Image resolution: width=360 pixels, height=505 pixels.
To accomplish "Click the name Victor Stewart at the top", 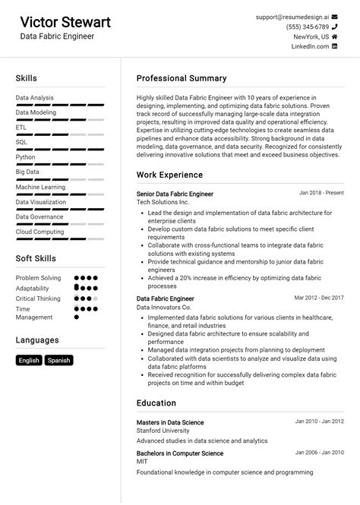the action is point(65,21).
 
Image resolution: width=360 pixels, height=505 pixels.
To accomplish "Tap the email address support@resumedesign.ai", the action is point(292,17).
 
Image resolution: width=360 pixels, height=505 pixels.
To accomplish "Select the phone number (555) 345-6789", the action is point(308,27).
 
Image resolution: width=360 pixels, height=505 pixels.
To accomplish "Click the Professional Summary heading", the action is point(182,78).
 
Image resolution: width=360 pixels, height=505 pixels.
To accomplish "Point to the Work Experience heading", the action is point(169,175).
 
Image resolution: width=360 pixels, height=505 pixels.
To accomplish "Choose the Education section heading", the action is point(156,402).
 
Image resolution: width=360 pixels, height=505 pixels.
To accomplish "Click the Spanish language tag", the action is point(58,361).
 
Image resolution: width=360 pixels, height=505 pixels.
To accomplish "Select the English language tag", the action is point(29,361).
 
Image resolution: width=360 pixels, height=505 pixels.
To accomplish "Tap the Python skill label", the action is point(25,157).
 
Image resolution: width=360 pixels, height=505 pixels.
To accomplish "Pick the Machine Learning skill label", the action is point(40,187).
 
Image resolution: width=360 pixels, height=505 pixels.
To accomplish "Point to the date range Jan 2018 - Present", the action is point(321,193).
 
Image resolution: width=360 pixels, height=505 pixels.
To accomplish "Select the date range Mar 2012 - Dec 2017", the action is point(319,298).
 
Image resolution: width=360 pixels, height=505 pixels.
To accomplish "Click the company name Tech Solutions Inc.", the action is point(163,203).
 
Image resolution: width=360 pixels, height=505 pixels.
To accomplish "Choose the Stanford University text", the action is point(163,431).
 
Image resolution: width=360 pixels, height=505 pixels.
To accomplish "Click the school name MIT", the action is point(143,462).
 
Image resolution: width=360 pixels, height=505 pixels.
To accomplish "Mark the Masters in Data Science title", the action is point(170,422).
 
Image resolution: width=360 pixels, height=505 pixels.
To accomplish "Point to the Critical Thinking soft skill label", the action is point(38,298).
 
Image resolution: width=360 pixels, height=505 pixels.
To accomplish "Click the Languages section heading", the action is point(37,340).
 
